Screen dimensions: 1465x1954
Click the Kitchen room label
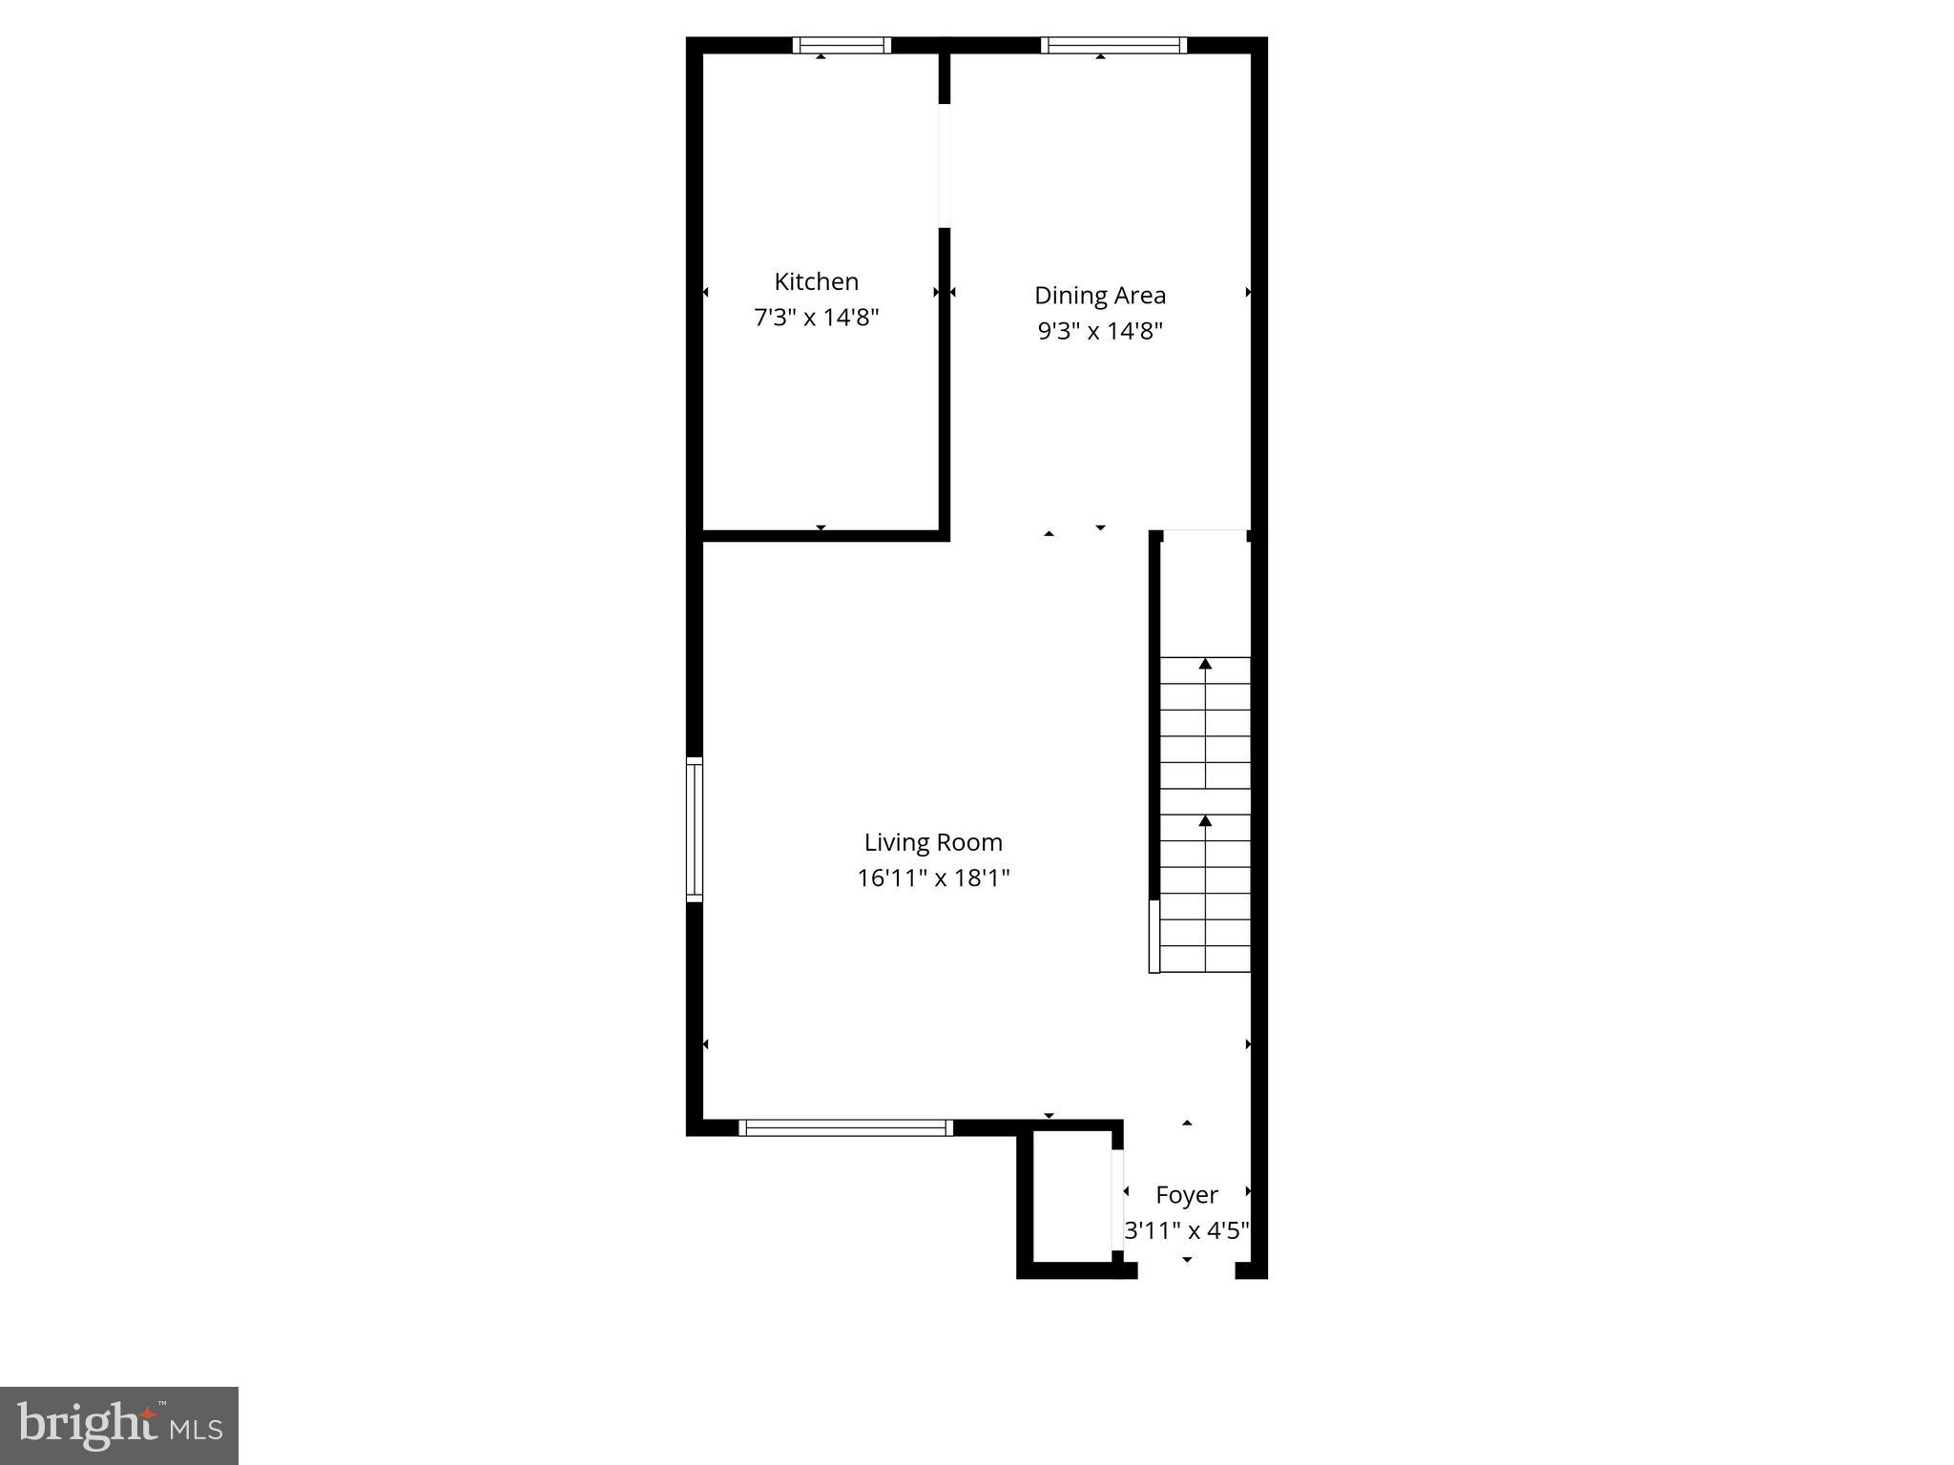point(816,281)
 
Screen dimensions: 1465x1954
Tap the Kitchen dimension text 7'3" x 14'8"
point(816,317)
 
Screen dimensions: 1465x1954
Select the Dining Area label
point(1100,296)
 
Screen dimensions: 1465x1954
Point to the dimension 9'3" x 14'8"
point(1100,331)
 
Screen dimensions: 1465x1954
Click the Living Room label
point(933,842)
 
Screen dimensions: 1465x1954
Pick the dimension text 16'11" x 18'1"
point(933,877)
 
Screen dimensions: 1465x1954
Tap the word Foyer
point(1187,1195)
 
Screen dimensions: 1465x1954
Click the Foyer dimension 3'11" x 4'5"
point(1187,1230)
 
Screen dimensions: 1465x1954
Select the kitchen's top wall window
point(842,45)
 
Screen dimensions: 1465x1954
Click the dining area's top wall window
point(1113,45)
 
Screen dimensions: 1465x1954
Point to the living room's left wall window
point(695,829)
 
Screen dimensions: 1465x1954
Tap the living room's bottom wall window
point(845,1127)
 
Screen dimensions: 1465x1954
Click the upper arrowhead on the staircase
point(1205,663)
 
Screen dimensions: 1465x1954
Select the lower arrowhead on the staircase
point(1205,820)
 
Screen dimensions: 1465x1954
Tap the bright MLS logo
point(119,1426)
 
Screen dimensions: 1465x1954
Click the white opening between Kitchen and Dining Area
point(945,166)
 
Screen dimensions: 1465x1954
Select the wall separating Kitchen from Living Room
point(822,535)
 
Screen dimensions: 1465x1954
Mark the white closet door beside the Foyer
point(1118,1199)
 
